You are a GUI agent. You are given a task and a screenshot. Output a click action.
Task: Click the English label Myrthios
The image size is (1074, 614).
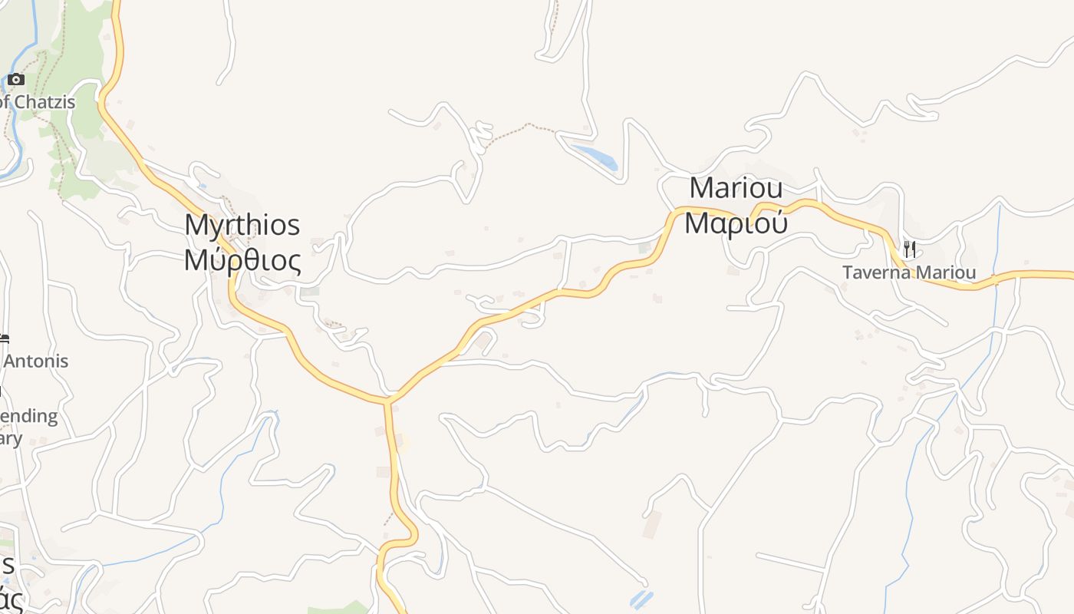pyautogui.click(x=242, y=226)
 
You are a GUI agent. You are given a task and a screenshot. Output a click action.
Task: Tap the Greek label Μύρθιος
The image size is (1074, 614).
pyautogui.click(x=242, y=261)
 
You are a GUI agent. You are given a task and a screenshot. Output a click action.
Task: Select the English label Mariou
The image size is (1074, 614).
pyautogui.click(x=736, y=188)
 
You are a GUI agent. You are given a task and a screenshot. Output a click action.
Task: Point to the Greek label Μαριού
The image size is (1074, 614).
pyautogui.click(x=736, y=223)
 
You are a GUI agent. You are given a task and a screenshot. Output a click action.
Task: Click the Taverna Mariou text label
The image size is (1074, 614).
pyautogui.click(x=909, y=272)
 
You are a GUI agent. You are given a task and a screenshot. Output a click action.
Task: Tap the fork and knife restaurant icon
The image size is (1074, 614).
pyautogui.click(x=909, y=249)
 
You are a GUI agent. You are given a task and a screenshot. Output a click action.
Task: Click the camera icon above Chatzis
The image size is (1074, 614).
pyautogui.click(x=16, y=79)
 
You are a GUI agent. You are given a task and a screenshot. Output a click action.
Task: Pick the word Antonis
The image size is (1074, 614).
pyautogui.click(x=36, y=361)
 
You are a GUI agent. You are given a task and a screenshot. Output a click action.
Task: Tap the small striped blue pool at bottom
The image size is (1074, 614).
pyautogui.click(x=641, y=598)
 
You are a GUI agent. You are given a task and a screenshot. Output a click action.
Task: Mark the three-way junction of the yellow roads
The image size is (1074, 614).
pyautogui.click(x=389, y=400)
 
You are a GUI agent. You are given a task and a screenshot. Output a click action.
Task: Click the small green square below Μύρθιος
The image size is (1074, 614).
pyautogui.click(x=310, y=292)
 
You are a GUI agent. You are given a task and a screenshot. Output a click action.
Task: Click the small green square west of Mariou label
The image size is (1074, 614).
pyautogui.click(x=644, y=248)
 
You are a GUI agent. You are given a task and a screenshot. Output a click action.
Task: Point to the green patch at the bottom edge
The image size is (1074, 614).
pyautogui.click(x=338, y=609)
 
